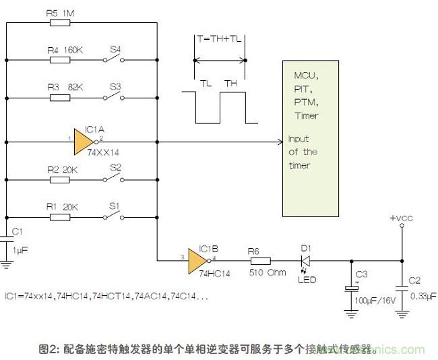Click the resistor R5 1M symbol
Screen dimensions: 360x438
(x=61, y=22)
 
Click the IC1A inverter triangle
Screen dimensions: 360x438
(x=84, y=142)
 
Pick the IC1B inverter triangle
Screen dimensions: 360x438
(x=198, y=260)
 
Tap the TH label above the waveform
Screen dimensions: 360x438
(x=231, y=83)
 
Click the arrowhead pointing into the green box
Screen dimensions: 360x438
(x=278, y=142)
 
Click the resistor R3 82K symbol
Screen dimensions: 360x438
(x=61, y=98)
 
